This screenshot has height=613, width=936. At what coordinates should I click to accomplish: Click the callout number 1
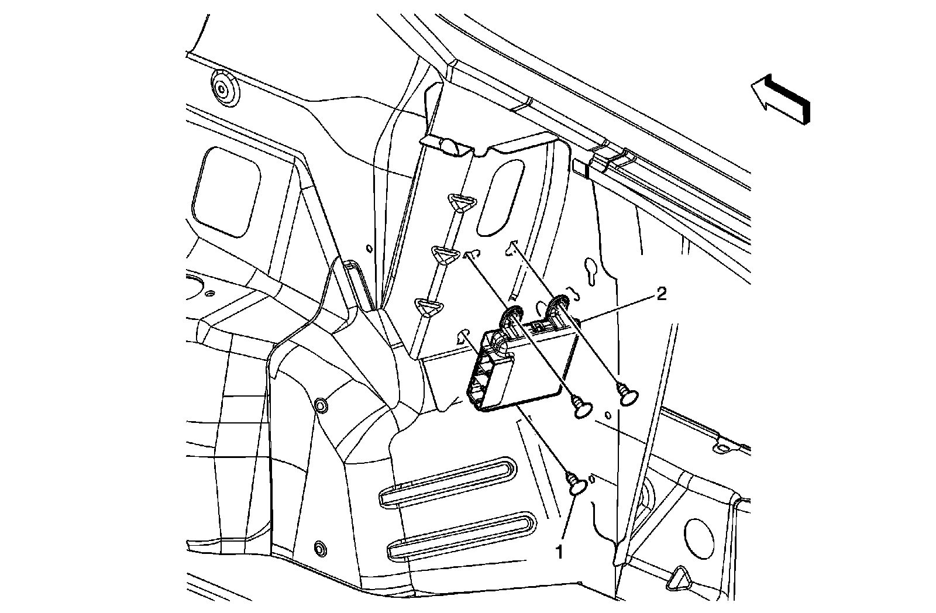pyautogui.click(x=560, y=552)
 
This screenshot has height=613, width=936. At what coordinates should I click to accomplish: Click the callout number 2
pyautogui.click(x=661, y=294)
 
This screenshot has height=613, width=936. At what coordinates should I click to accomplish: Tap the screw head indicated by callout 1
pyautogui.click(x=577, y=485)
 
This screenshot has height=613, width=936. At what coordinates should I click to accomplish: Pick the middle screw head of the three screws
pyautogui.click(x=583, y=408)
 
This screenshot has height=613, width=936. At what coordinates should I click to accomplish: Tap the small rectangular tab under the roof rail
pyautogui.click(x=580, y=167)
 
